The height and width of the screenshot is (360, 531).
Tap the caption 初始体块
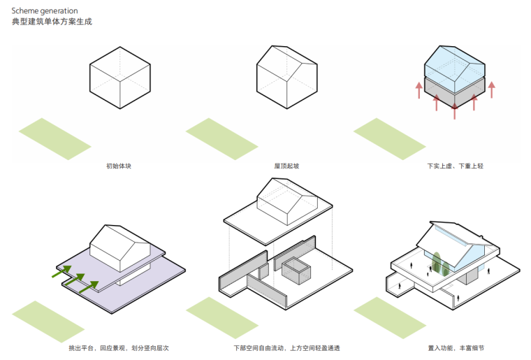pyautogui.click(x=119, y=166)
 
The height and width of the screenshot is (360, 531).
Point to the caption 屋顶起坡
pyautogui.click(x=286, y=166)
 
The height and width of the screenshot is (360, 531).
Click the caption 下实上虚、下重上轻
pyautogui.click(x=455, y=166)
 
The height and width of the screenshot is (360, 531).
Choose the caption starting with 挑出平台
pyautogui.click(x=119, y=347)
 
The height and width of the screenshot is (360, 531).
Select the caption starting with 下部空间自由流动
pyautogui.click(x=286, y=347)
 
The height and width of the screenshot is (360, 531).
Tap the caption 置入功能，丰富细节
pyautogui.click(x=455, y=347)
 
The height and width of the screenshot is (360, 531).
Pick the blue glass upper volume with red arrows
pyautogui.click(x=455, y=66)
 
